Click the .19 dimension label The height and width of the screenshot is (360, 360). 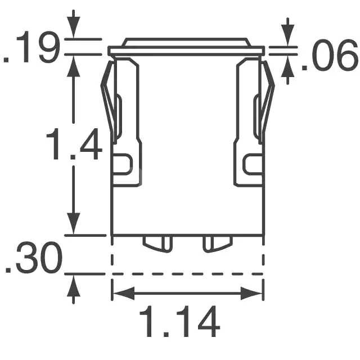coord(31,47)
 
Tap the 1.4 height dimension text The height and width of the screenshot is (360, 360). coord(74,144)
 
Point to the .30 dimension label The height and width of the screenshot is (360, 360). coord(33,258)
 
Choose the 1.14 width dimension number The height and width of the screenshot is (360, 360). coord(180,321)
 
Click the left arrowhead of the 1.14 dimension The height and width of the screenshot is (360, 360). coord(124,293)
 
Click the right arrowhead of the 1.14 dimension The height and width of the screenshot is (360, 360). coord(251,293)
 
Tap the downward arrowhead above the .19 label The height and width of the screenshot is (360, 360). coord(74,27)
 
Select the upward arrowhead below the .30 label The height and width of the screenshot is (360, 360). coord(74,286)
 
